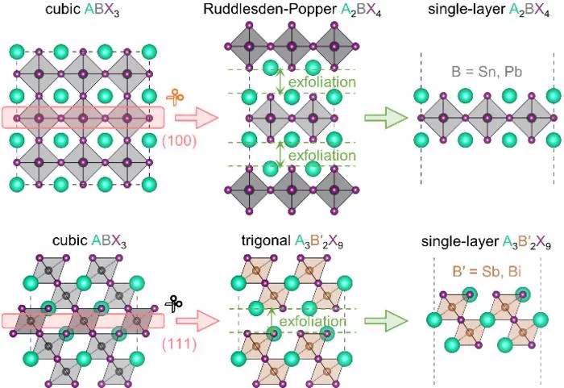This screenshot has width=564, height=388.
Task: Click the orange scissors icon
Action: click(x=175, y=98)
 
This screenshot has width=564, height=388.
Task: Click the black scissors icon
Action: click(x=174, y=305)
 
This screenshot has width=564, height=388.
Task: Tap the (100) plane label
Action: click(x=179, y=141)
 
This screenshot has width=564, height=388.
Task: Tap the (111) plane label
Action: click(x=179, y=344)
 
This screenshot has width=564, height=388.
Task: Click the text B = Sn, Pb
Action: click(x=487, y=72)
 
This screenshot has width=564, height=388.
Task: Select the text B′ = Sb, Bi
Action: click(x=487, y=271)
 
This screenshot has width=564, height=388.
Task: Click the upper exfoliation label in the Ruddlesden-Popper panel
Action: click(x=322, y=82)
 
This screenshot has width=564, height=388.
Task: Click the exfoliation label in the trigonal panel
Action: click(x=313, y=321)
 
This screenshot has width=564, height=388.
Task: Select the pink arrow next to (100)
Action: click(x=197, y=118)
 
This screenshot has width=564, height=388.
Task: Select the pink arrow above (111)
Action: click(x=197, y=321)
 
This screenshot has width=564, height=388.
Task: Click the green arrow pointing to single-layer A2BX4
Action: click(x=386, y=118)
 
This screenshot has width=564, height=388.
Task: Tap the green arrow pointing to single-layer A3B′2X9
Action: click(x=386, y=321)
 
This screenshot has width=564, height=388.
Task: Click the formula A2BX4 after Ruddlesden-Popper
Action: click(x=360, y=10)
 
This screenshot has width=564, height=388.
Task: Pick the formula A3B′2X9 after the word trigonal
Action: click(x=319, y=242)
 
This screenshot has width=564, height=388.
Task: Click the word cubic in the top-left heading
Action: click(x=63, y=10)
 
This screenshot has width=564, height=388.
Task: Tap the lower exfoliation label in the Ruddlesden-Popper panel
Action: click(x=322, y=155)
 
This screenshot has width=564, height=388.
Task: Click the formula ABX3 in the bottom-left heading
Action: click(x=109, y=241)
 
